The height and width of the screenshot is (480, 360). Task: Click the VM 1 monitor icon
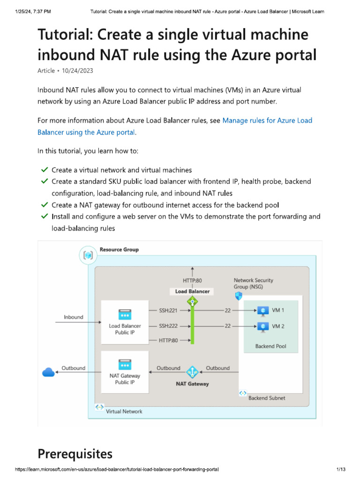pyautogui.click(x=263, y=311)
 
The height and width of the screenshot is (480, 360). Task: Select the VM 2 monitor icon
pyautogui.click(x=263, y=326)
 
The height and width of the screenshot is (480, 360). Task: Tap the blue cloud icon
pyautogui.click(x=48, y=372)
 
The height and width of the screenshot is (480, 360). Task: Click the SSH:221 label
pyautogui.click(x=168, y=310)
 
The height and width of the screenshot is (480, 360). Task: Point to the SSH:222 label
pyautogui.click(x=168, y=325)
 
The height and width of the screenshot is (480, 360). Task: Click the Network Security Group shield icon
pyautogui.click(x=239, y=296)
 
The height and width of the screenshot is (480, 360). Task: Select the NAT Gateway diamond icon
pyautogui.click(x=192, y=372)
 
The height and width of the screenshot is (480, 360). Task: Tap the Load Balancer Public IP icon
pyautogui.click(x=125, y=315)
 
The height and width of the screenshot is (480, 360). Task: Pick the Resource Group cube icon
pyautogui.click(x=89, y=256)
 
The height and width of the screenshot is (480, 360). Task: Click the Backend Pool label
pyautogui.click(x=270, y=346)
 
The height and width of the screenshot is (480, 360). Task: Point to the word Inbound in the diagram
pyautogui.click(x=73, y=317)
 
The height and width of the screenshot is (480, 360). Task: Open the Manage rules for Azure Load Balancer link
pyautogui.click(x=267, y=120)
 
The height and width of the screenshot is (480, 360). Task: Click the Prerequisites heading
pyautogui.click(x=75, y=454)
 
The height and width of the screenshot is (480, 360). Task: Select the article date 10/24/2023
pyautogui.click(x=78, y=70)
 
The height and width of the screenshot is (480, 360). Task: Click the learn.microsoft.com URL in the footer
pyautogui.click(x=117, y=469)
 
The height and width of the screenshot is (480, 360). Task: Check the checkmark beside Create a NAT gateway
pyautogui.click(x=45, y=205)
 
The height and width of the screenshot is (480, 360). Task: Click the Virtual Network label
pyautogui.click(x=124, y=411)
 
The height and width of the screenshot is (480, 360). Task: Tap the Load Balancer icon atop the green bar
pyautogui.click(x=192, y=302)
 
